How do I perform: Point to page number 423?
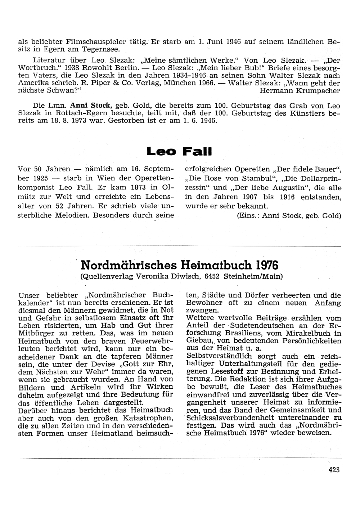[334, 469]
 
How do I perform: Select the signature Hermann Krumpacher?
[300, 91]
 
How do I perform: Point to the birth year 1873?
[140, 187]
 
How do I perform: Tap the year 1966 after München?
[202, 83]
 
